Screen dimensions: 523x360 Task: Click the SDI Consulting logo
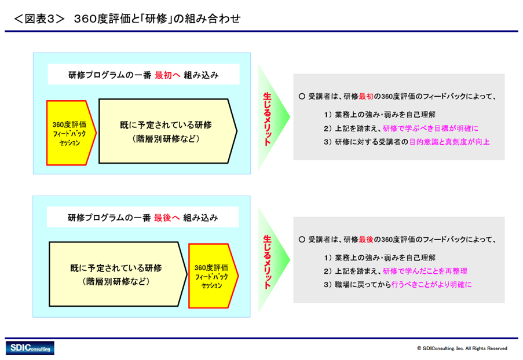pyautogui.click(x=30, y=348)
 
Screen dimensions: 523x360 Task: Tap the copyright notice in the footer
pyautogui.click(x=462, y=348)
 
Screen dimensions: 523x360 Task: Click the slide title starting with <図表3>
pyautogui.click(x=127, y=19)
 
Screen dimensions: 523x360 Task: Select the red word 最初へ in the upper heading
pyautogui.click(x=167, y=75)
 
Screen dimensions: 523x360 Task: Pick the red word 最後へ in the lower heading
pyautogui.click(x=167, y=218)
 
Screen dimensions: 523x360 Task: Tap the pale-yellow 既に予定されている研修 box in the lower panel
pyautogui.click(x=118, y=274)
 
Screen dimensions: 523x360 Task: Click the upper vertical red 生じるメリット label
pyautogui.click(x=267, y=119)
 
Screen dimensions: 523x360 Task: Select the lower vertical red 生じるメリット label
pyautogui.click(x=267, y=262)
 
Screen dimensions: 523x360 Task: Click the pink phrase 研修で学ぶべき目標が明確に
pyautogui.click(x=430, y=128)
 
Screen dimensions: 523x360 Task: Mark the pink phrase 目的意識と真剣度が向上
pyautogui.click(x=449, y=142)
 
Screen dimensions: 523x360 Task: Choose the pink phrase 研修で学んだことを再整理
pyautogui.click(x=425, y=271)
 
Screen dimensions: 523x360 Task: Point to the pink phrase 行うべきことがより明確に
pyautogui.click(x=431, y=284)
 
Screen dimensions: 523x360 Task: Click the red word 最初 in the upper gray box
pyautogui.click(x=366, y=96)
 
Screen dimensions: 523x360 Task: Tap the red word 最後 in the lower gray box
pyautogui.click(x=366, y=240)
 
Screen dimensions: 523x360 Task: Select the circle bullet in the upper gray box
pyautogui.click(x=302, y=96)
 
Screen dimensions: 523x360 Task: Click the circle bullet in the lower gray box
pyautogui.click(x=302, y=240)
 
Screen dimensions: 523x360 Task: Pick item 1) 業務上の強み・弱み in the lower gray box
pyautogui.click(x=379, y=258)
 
